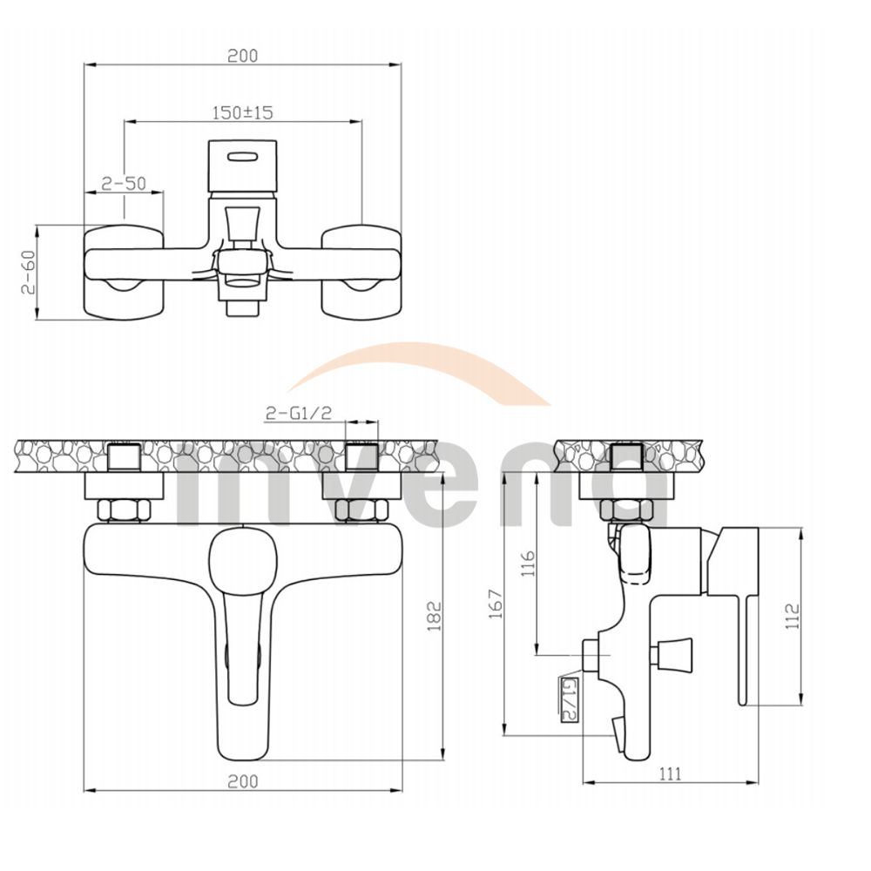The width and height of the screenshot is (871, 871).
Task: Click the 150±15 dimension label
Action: (243, 112)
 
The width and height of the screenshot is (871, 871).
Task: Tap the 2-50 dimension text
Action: (124, 183)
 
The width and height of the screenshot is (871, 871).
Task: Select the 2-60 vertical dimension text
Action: (28, 272)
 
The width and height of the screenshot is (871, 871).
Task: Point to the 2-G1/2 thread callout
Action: (298, 412)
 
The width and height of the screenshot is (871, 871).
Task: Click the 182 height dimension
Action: (434, 616)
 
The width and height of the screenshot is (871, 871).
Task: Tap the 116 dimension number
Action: (528, 564)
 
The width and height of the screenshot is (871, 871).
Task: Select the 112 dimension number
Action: (793, 616)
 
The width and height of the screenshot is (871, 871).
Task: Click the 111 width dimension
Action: (670, 773)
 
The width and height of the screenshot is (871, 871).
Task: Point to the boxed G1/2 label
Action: (570, 699)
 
